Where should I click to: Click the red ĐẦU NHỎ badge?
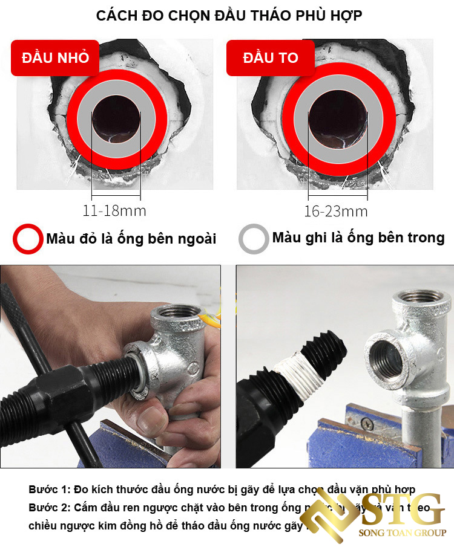[x=55, y=58]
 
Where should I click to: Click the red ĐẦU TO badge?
[x=271, y=58]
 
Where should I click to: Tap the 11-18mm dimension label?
[x=114, y=211]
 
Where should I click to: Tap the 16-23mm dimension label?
[x=336, y=211]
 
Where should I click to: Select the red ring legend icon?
[x=28, y=239]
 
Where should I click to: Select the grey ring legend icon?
[x=254, y=239]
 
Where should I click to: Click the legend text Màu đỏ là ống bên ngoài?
[x=131, y=239]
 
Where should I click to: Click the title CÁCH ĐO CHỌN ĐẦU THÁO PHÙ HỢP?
[x=229, y=16]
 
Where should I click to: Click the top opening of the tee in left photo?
[x=176, y=314]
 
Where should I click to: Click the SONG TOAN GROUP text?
[x=403, y=532]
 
